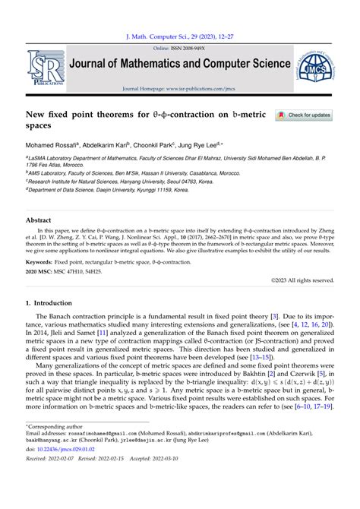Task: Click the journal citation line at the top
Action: tap(179, 36)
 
